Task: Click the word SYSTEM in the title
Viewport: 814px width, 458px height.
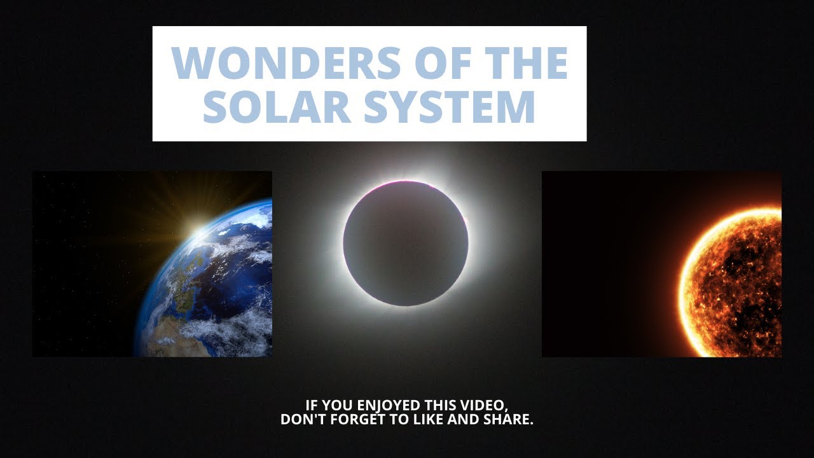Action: pos(450,106)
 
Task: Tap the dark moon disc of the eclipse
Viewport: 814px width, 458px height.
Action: pos(406,243)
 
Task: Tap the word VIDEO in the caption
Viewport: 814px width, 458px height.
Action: pos(486,406)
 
